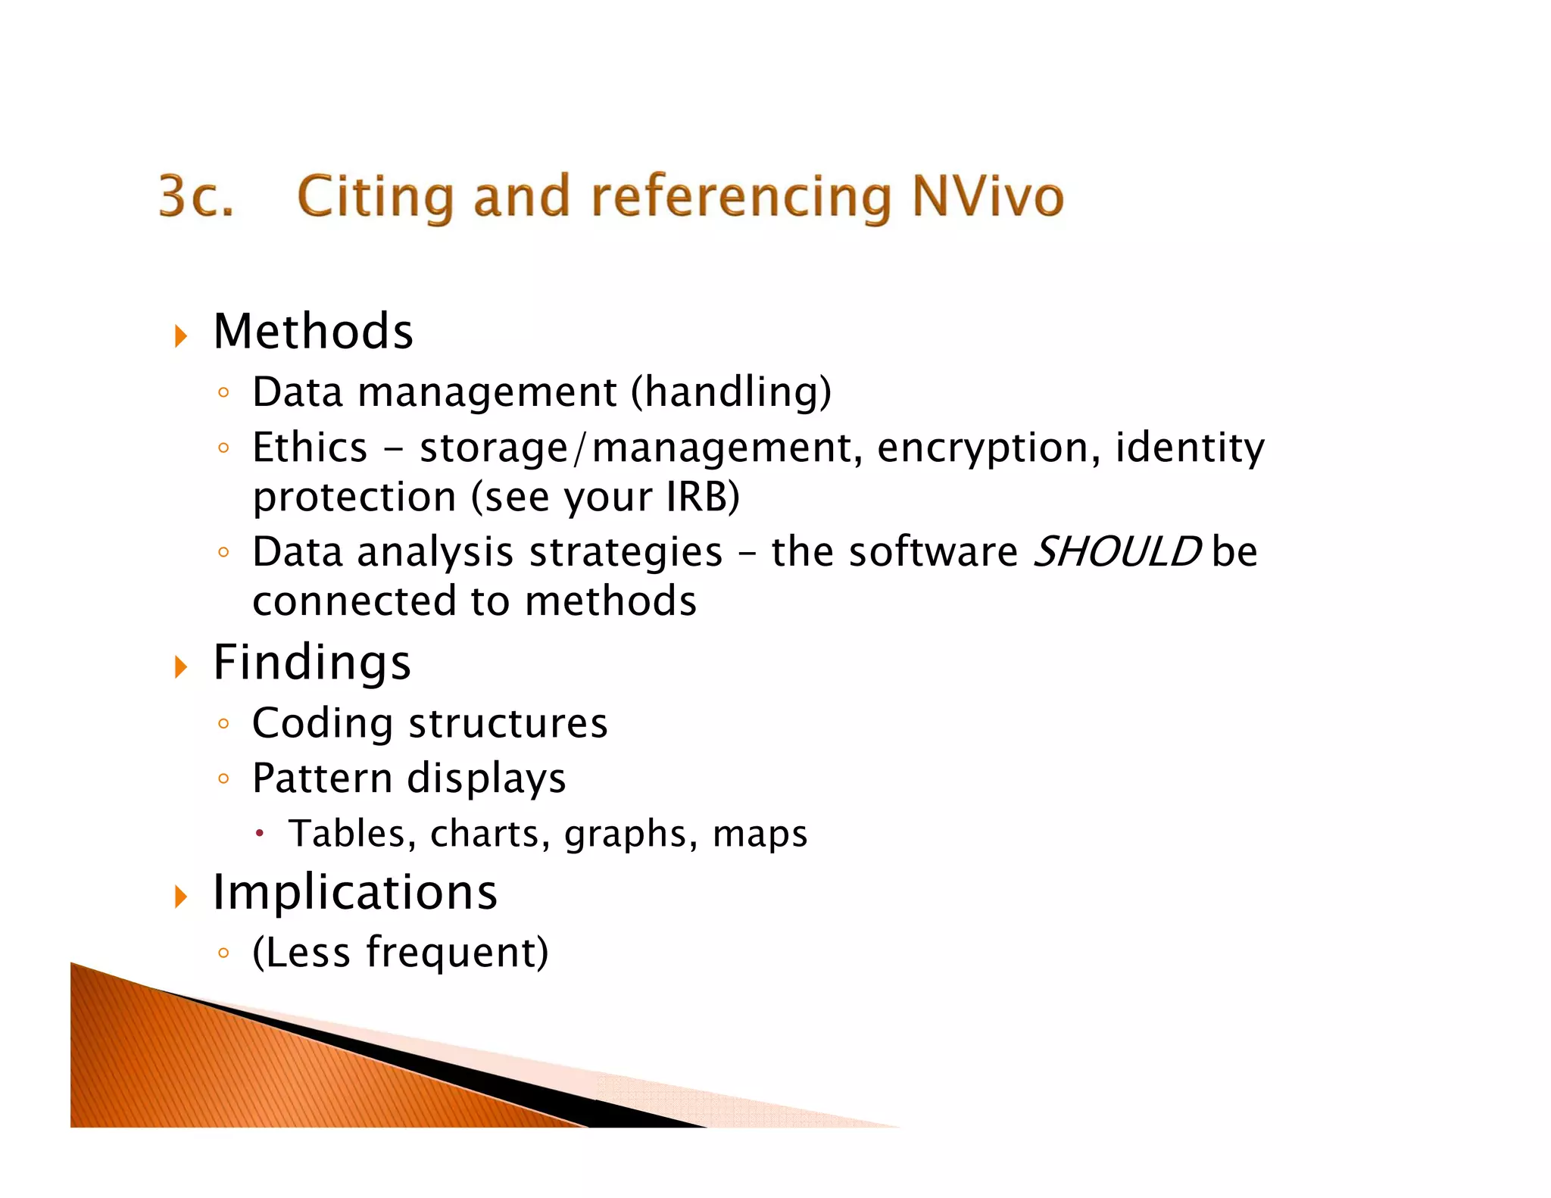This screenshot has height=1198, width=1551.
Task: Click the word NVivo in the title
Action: point(988,195)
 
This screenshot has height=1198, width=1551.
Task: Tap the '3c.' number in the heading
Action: point(196,195)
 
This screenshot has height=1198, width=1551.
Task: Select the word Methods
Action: point(313,332)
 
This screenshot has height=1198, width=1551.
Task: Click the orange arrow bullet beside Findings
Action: point(181,666)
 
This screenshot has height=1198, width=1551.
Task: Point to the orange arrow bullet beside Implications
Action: point(181,896)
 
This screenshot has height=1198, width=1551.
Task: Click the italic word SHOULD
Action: point(1117,551)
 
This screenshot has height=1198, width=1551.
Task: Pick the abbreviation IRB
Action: point(702,497)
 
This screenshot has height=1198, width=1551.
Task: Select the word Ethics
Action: point(310,447)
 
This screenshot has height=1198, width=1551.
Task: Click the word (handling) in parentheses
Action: point(731,392)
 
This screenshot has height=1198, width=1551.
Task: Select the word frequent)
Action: point(457,952)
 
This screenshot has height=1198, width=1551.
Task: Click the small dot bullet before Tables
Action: point(260,834)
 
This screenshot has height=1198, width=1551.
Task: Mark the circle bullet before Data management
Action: point(223,392)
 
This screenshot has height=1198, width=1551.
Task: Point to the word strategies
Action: point(626,552)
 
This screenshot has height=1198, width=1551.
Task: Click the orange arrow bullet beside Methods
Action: point(181,335)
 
